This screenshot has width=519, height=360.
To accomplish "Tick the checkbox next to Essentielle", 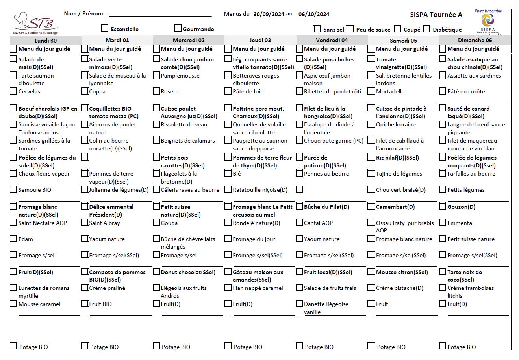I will coord(104,28).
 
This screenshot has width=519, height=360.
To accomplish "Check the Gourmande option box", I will coord(178,28).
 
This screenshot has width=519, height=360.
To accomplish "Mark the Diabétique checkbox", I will coord(426,29).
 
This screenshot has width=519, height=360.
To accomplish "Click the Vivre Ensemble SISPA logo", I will coord(488,22).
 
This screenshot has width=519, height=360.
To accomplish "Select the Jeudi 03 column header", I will coord(260,40).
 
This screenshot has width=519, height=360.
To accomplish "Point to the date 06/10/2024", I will coord(314,14).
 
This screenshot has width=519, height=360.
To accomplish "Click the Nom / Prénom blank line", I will coord(160,15).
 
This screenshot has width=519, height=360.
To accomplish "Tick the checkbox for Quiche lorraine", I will coord(371,124).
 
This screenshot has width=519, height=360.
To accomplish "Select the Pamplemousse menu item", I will coord(180,76).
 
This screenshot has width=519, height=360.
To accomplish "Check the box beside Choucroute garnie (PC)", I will coord(300,140).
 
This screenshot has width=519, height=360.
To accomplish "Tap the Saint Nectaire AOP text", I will coord(43,223).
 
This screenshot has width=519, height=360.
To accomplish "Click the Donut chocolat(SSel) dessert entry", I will coord(188,272).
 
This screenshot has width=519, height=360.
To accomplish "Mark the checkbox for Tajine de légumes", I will coord(371,173).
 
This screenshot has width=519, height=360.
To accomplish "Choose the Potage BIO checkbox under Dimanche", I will coord(443,346).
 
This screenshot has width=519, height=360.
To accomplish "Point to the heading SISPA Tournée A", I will coord(436,15).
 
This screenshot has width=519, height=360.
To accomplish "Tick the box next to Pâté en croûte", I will coord(443,91).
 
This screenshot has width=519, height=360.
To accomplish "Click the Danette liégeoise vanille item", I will coord(326,308).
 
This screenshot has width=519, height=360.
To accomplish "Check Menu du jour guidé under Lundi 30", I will coord(13,49).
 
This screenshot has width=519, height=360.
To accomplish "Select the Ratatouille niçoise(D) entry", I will coord(260,190).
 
